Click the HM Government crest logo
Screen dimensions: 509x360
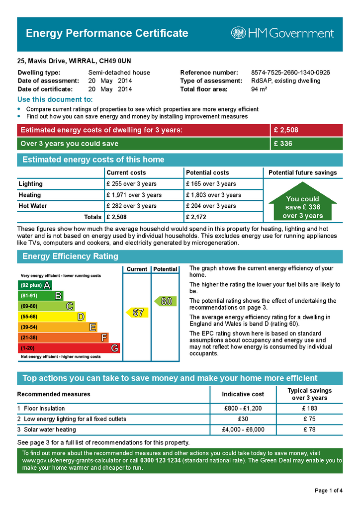tap(238, 33)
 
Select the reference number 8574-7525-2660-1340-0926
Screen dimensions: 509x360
tap(290, 73)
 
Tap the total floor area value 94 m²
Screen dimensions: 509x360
tap(259, 89)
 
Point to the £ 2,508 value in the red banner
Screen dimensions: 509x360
tap(286, 130)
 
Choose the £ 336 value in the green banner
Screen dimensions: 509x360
tap(283, 144)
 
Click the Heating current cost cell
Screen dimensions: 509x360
tap(134, 195)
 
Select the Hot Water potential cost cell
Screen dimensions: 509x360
tap(211, 206)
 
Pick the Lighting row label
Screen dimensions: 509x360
tap(31, 184)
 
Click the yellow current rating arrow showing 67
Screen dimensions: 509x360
tap(137, 313)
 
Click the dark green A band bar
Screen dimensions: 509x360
tap(34, 285)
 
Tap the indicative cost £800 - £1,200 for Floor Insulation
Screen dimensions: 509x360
tap(243, 409)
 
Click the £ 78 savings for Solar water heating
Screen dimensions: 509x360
tap(309, 429)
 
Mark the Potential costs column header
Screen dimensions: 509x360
tap(207, 172)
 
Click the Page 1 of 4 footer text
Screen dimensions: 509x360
tap(328, 491)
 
